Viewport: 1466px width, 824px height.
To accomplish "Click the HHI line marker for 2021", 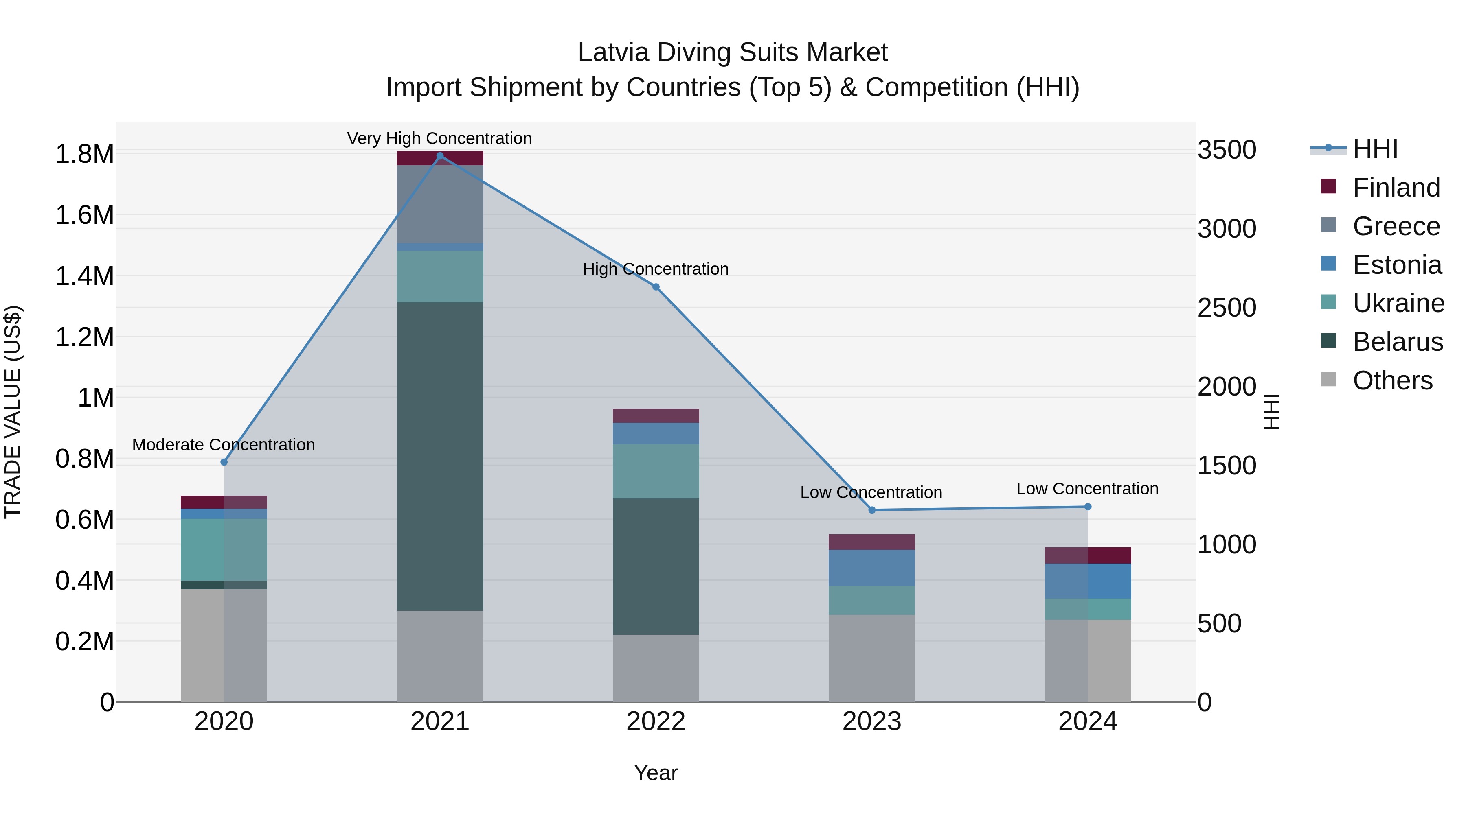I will (439, 156).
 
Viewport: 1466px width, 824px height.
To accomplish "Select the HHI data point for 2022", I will (656, 287).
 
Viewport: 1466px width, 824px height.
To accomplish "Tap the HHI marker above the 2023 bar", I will (872, 510).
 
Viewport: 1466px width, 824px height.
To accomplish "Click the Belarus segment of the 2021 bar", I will (439, 456).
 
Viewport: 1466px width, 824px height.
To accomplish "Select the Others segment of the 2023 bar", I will (872, 658).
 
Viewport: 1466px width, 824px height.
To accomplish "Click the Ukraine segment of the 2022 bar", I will (656, 472).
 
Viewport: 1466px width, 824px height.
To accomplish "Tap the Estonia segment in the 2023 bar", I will (872, 568).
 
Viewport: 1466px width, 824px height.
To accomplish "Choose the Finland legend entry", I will (1396, 188).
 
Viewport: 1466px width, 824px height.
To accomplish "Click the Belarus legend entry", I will (1397, 342).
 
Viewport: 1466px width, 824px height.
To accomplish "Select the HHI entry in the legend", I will (1375, 149).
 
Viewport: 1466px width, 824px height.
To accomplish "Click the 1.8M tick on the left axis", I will (84, 154).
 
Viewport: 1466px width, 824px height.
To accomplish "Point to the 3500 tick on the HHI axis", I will (1227, 150).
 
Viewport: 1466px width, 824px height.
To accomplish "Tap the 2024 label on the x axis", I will (1088, 721).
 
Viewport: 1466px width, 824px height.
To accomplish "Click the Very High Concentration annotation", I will (439, 138).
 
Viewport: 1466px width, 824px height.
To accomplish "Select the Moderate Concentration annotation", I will (223, 445).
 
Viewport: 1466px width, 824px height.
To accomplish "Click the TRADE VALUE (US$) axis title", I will (13, 412).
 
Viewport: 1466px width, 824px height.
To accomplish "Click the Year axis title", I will (656, 773).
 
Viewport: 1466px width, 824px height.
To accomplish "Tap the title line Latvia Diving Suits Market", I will (733, 52).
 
